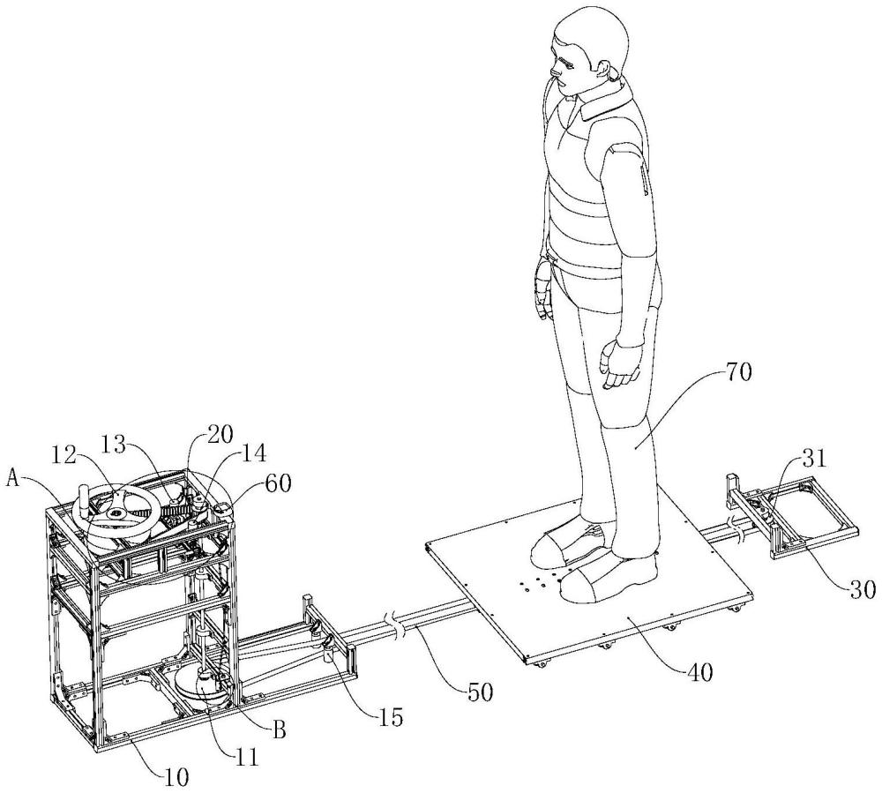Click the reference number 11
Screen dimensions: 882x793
click(x=246, y=757)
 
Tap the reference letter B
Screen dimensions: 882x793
click(x=279, y=730)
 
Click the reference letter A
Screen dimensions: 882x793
click(x=16, y=478)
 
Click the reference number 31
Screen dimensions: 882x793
click(x=814, y=459)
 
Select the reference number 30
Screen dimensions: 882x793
click(x=861, y=589)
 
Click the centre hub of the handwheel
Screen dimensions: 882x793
click(x=117, y=512)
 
